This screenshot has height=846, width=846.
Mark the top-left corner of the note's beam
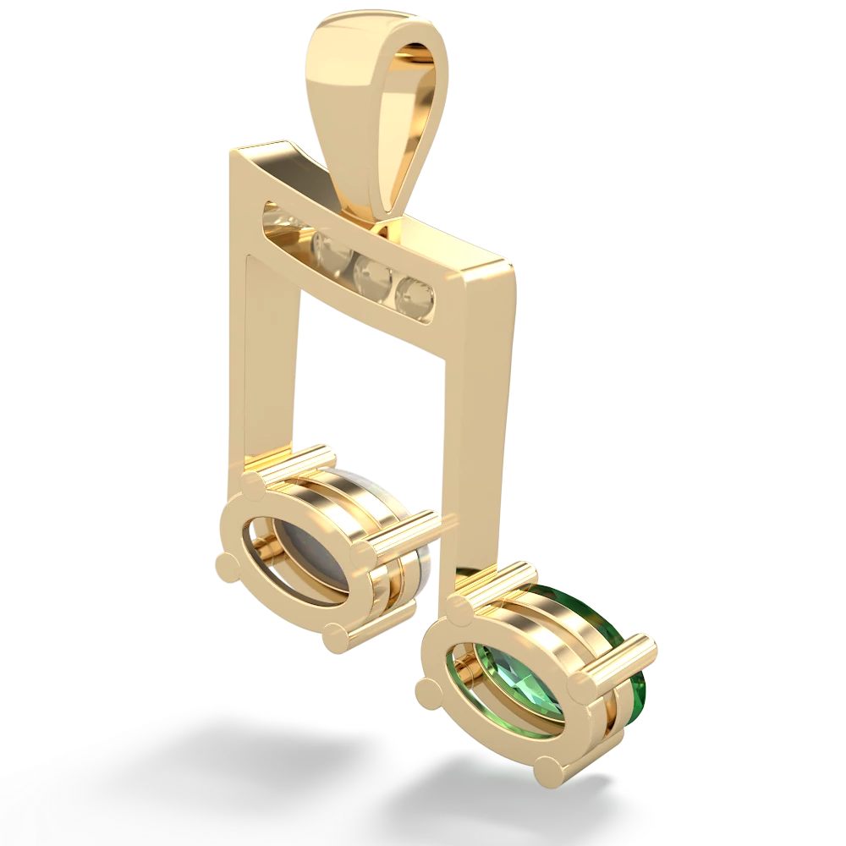pos(233,152)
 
